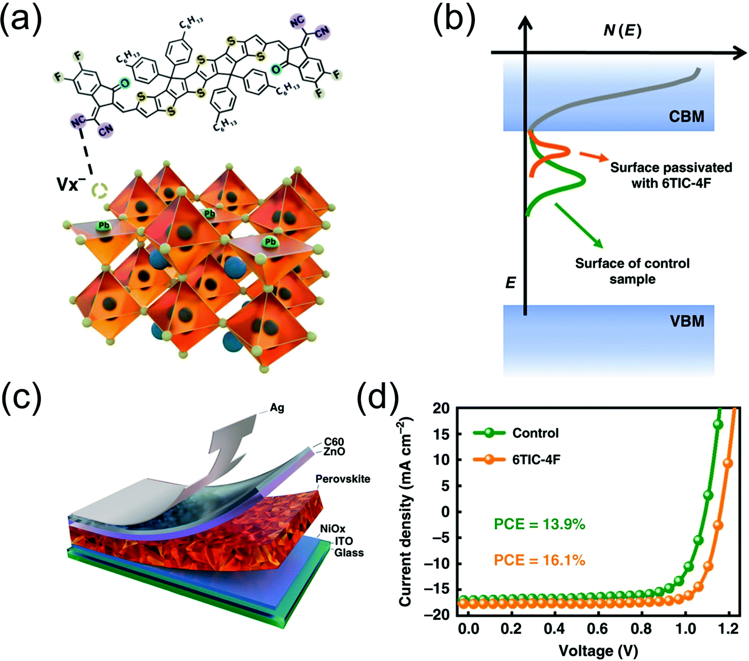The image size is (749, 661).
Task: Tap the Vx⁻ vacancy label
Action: pyautogui.click(x=67, y=184)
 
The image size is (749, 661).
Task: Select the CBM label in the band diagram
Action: pyautogui.click(x=686, y=116)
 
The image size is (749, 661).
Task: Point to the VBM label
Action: pyautogui.click(x=687, y=321)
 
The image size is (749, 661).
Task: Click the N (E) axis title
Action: pyautogui.click(x=622, y=30)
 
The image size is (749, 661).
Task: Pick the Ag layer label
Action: pyautogui.click(x=277, y=408)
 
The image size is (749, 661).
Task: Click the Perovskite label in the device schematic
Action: pyautogui.click(x=343, y=479)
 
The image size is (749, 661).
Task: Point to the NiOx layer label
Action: pyautogui.click(x=333, y=529)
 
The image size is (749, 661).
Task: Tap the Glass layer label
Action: pyautogui.click(x=349, y=553)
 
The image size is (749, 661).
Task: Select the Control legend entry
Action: pyautogui.click(x=535, y=433)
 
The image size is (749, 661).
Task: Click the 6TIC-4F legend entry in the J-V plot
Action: pyautogui.click(x=536, y=459)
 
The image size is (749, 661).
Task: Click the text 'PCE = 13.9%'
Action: pyautogui.click(x=539, y=524)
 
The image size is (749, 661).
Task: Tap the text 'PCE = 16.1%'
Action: pyautogui.click(x=539, y=560)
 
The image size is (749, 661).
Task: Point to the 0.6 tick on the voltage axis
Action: pyautogui.click(x=598, y=629)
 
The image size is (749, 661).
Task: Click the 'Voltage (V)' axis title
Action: pyautogui.click(x=598, y=651)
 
